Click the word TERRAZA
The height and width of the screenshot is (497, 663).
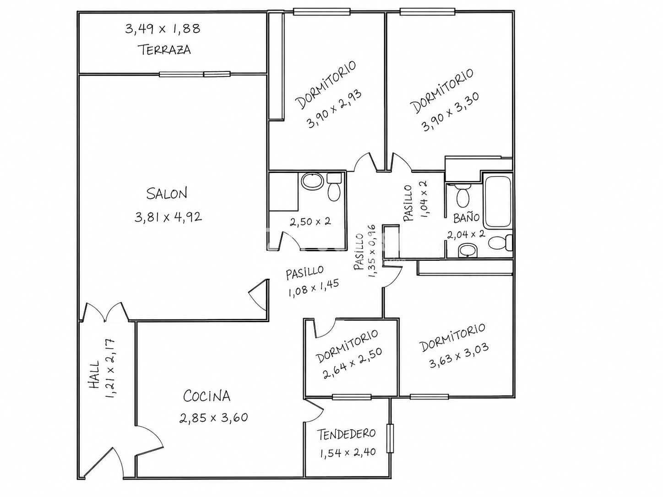click(164, 50)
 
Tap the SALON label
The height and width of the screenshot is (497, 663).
click(167, 194)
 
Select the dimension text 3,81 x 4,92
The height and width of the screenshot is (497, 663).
click(168, 217)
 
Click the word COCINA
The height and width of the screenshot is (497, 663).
click(207, 396)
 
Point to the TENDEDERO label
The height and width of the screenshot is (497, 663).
click(346, 434)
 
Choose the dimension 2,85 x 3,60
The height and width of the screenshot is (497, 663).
click(213, 418)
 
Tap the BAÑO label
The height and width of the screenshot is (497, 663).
click(467, 217)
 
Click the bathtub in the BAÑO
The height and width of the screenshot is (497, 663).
click(497, 203)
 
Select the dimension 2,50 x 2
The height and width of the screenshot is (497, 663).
click(310, 222)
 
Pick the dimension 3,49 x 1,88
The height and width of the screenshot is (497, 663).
click(163, 29)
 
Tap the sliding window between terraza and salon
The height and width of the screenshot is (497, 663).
click(195, 74)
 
